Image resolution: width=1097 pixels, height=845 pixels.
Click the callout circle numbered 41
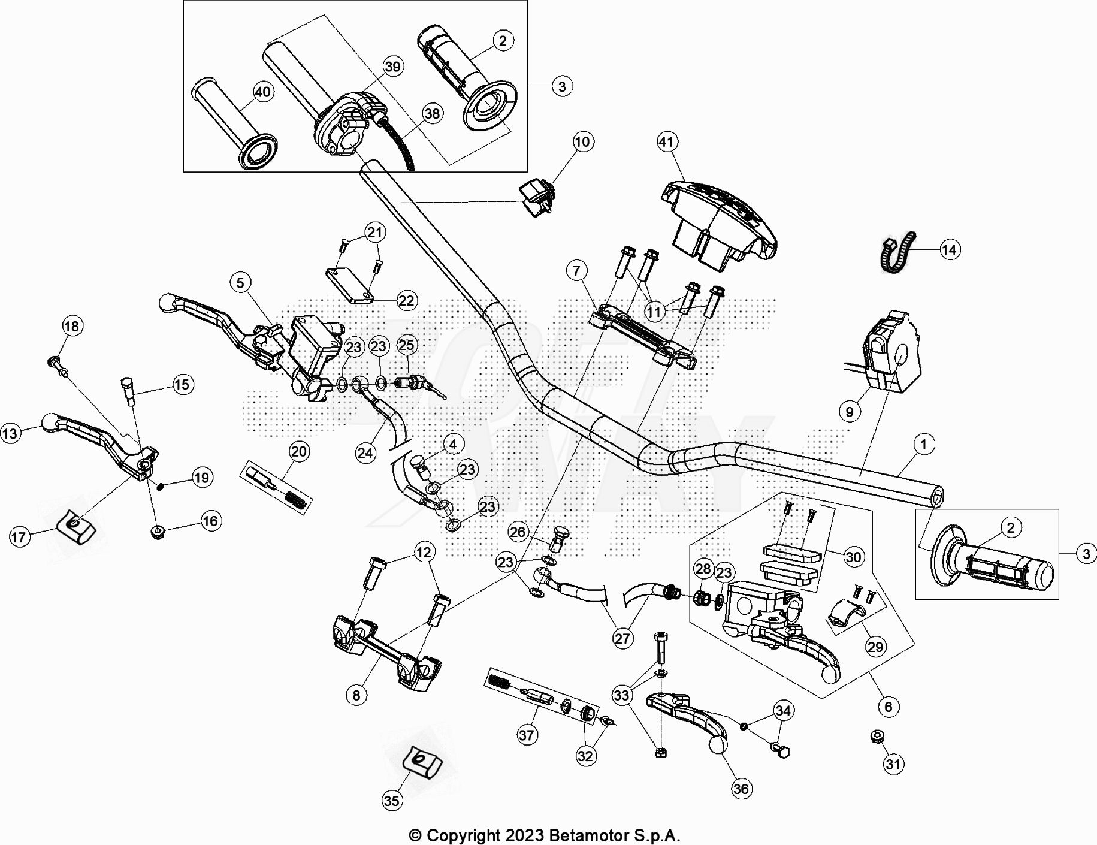[x=667, y=142]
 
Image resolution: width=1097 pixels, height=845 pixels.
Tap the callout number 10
[x=582, y=142]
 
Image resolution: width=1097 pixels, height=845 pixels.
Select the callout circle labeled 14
[x=949, y=249]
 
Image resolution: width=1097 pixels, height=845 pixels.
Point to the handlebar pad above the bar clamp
[x=719, y=222]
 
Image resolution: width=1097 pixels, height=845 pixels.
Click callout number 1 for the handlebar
[x=923, y=445]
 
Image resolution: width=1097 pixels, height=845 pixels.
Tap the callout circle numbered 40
[x=263, y=92]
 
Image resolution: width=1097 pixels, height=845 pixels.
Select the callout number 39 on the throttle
[x=392, y=66]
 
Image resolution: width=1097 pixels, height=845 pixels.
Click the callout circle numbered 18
[x=71, y=326]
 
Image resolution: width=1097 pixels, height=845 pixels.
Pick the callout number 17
[x=19, y=536]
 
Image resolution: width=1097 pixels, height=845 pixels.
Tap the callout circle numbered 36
[x=741, y=789]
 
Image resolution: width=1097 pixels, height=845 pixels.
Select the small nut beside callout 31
[x=878, y=737]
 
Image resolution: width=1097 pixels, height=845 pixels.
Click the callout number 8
[x=356, y=695]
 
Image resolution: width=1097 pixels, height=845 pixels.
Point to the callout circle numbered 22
[x=406, y=300]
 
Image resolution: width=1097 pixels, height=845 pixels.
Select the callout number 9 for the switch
[x=850, y=412]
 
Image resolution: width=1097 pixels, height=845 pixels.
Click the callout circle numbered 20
[x=299, y=451]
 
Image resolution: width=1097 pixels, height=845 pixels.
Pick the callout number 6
[x=888, y=707]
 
